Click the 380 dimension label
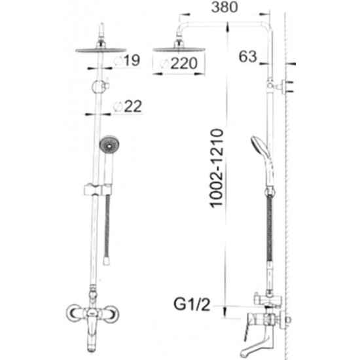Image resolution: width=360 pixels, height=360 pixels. pos(225,7)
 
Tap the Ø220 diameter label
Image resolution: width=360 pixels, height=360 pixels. pos(179,63)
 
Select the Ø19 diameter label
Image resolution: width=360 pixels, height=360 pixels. pos(127,60)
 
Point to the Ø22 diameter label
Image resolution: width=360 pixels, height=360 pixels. pos(128,106)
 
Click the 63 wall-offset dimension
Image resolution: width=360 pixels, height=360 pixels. pos(247,56)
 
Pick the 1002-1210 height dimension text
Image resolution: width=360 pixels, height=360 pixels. pos(217,168)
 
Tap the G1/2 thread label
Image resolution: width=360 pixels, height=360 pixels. pos(192,304)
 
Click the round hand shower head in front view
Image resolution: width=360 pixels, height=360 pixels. pos(109,145)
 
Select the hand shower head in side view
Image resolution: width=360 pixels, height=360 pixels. pos(260,146)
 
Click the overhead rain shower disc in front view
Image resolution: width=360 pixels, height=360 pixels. pos(101,50)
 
